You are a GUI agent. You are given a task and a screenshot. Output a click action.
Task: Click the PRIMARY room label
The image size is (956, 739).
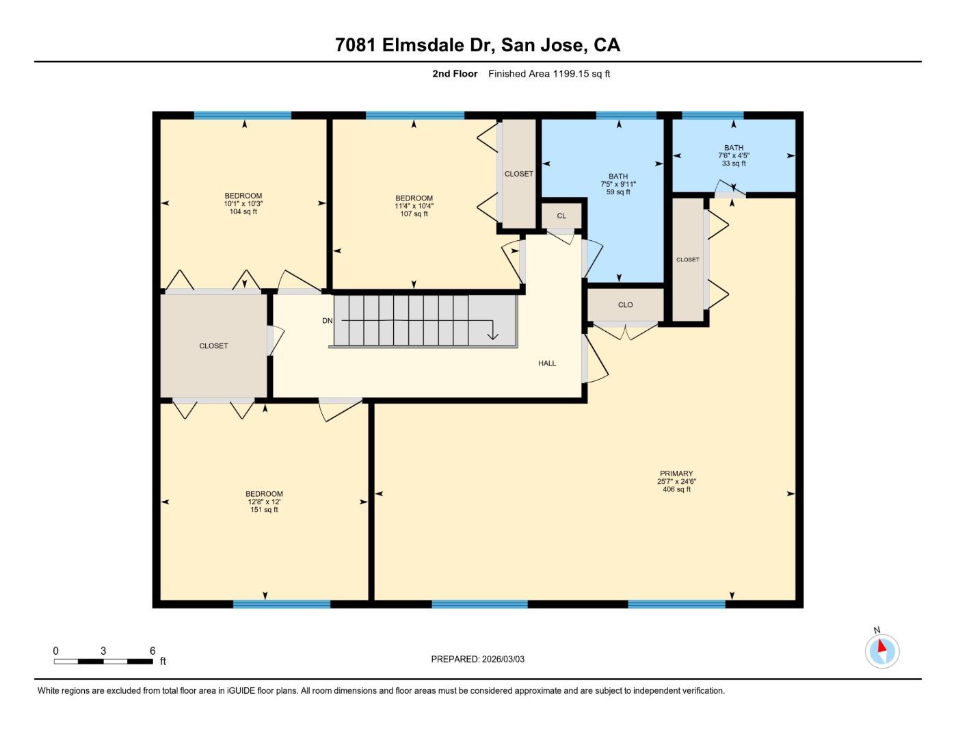coord(676,474)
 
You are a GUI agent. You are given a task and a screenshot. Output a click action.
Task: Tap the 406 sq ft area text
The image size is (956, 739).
coord(676,489)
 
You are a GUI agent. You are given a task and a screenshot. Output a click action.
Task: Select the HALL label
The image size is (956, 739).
coord(547,363)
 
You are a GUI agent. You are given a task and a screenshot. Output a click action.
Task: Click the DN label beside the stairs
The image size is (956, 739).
coord(328,321)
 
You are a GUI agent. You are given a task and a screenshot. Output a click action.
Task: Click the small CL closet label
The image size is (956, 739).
coord(561,216)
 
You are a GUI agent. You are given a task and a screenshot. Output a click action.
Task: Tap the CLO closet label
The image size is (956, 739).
coord(625,305)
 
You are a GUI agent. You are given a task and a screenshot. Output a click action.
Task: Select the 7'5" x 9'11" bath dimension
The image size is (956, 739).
coord(618,184)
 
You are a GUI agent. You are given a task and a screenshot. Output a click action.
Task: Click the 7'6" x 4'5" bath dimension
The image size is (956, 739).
coord(733,155)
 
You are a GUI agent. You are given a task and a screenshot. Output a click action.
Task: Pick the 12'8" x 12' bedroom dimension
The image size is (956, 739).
coord(264,502)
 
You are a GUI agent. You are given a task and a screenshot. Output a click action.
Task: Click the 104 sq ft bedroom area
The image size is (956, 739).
coord(243,211)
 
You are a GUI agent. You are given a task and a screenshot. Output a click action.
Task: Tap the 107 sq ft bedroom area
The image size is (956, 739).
coord(414,214)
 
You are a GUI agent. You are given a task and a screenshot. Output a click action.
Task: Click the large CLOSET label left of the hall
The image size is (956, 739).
coord(213,346)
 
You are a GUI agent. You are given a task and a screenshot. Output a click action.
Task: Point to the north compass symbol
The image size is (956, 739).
coord(882,650)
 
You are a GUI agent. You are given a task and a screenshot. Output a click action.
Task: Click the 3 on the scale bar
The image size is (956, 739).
coord(103,651)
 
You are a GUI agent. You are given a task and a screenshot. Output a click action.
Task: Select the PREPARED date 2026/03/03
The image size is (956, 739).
coord(503,659)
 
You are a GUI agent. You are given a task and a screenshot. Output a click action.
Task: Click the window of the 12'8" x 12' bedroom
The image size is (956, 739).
coord(282,604)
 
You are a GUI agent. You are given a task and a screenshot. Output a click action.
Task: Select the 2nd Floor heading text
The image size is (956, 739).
coord(455,74)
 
